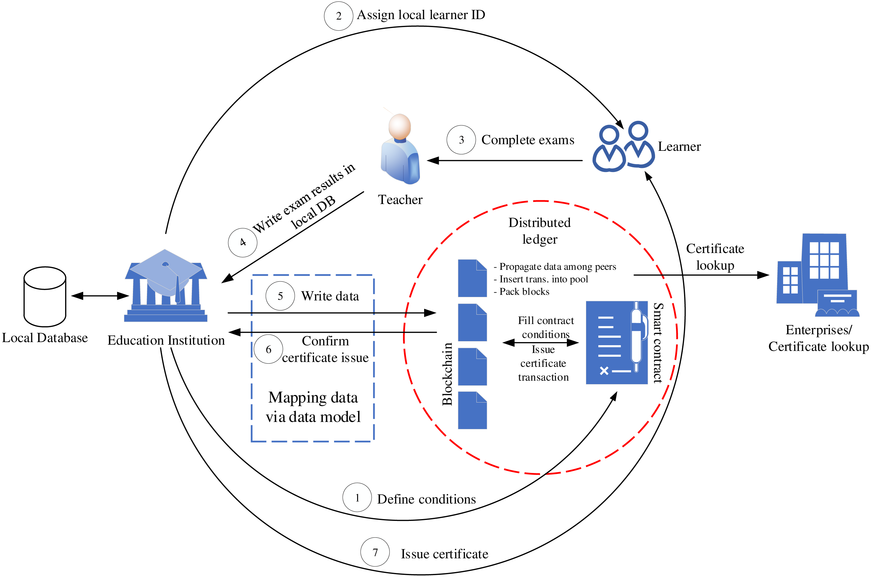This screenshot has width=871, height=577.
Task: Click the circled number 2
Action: (338, 16)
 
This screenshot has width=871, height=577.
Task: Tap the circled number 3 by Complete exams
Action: (461, 140)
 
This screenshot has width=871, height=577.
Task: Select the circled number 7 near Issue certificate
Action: (375, 552)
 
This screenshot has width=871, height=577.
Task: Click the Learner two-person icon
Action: (623, 146)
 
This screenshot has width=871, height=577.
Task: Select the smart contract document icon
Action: (616, 342)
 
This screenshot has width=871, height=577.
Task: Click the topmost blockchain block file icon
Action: (472, 278)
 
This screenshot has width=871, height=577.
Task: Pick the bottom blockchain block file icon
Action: (472, 410)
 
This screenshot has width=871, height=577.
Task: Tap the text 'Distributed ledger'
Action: (539, 231)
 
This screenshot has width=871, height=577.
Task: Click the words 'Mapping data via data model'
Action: (313, 407)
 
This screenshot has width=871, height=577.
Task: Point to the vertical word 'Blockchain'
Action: (447, 374)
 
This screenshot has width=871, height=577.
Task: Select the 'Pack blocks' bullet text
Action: (521, 292)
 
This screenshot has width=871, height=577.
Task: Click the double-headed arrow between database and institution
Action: (100, 296)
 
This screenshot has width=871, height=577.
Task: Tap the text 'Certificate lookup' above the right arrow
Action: (715, 257)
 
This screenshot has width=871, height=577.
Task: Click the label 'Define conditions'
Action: (426, 499)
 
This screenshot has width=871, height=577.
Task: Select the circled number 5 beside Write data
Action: (280, 296)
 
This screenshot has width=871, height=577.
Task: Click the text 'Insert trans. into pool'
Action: (541, 279)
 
